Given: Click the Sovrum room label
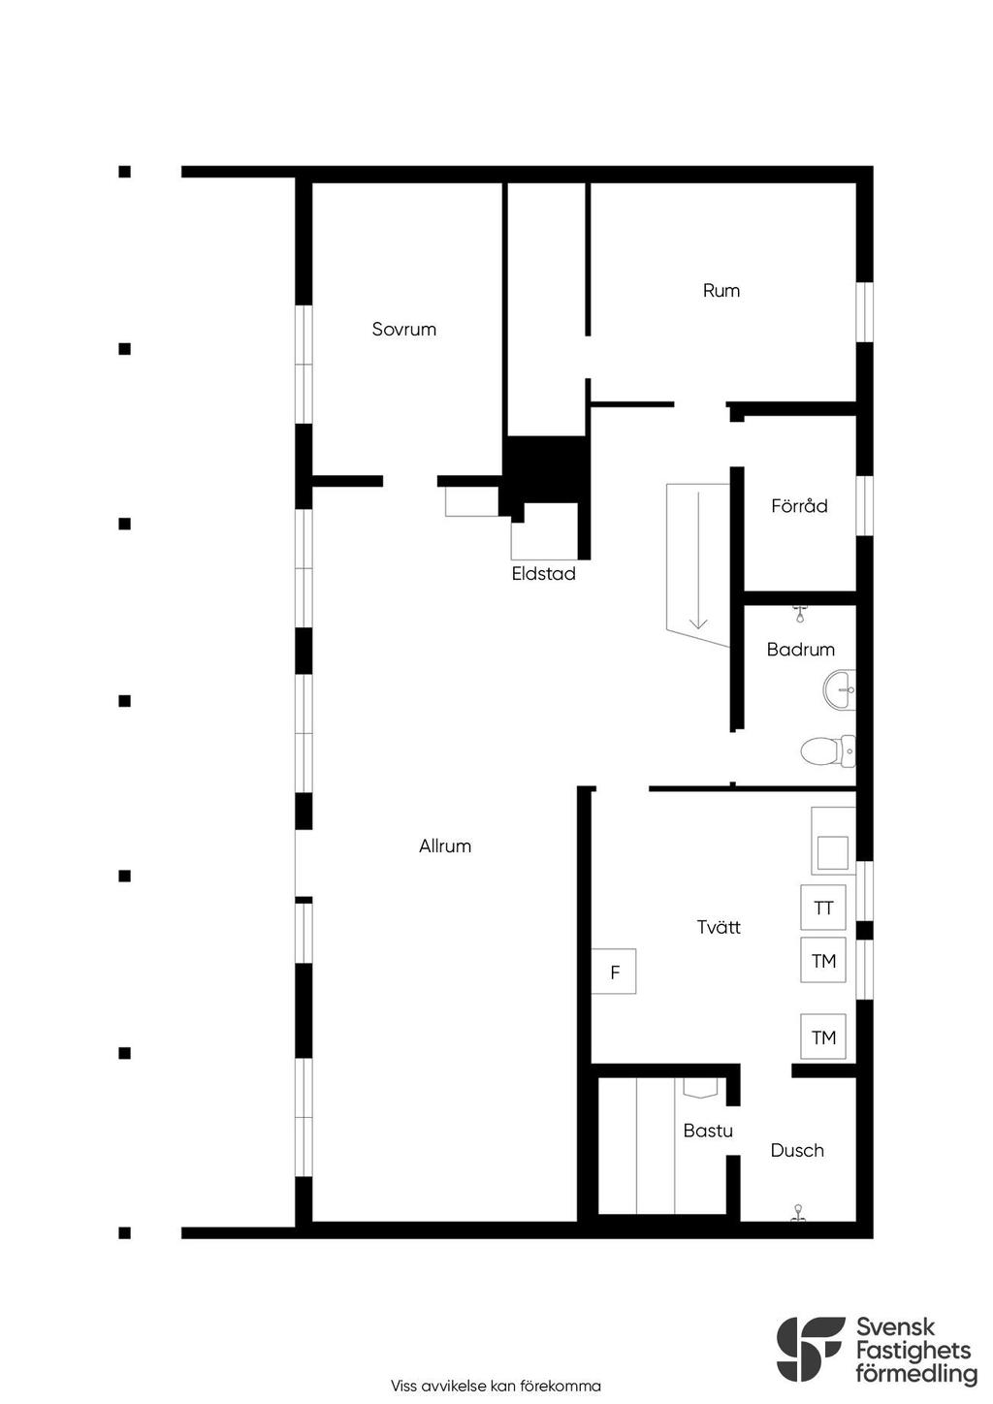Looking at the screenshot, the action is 403,329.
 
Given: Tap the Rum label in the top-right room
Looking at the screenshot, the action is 721,290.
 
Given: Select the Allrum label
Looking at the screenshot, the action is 445,846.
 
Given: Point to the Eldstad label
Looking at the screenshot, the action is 543,573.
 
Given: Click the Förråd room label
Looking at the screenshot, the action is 799,505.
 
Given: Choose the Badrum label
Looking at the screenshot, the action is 801,649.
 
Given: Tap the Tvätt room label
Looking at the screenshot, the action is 719,926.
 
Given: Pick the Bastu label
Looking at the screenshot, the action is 708,1131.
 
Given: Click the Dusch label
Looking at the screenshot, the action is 797,1150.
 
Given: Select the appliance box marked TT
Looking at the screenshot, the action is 823,907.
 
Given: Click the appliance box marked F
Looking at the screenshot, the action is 614,971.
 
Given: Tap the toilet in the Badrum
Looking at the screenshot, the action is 827,750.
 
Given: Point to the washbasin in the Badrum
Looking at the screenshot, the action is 839,689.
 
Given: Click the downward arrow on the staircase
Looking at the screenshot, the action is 698,559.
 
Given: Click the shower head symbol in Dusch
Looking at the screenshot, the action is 798,1213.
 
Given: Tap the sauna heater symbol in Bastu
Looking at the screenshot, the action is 700,1087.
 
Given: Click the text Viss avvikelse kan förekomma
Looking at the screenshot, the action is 496,1386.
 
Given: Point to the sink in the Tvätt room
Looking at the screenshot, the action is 833,841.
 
